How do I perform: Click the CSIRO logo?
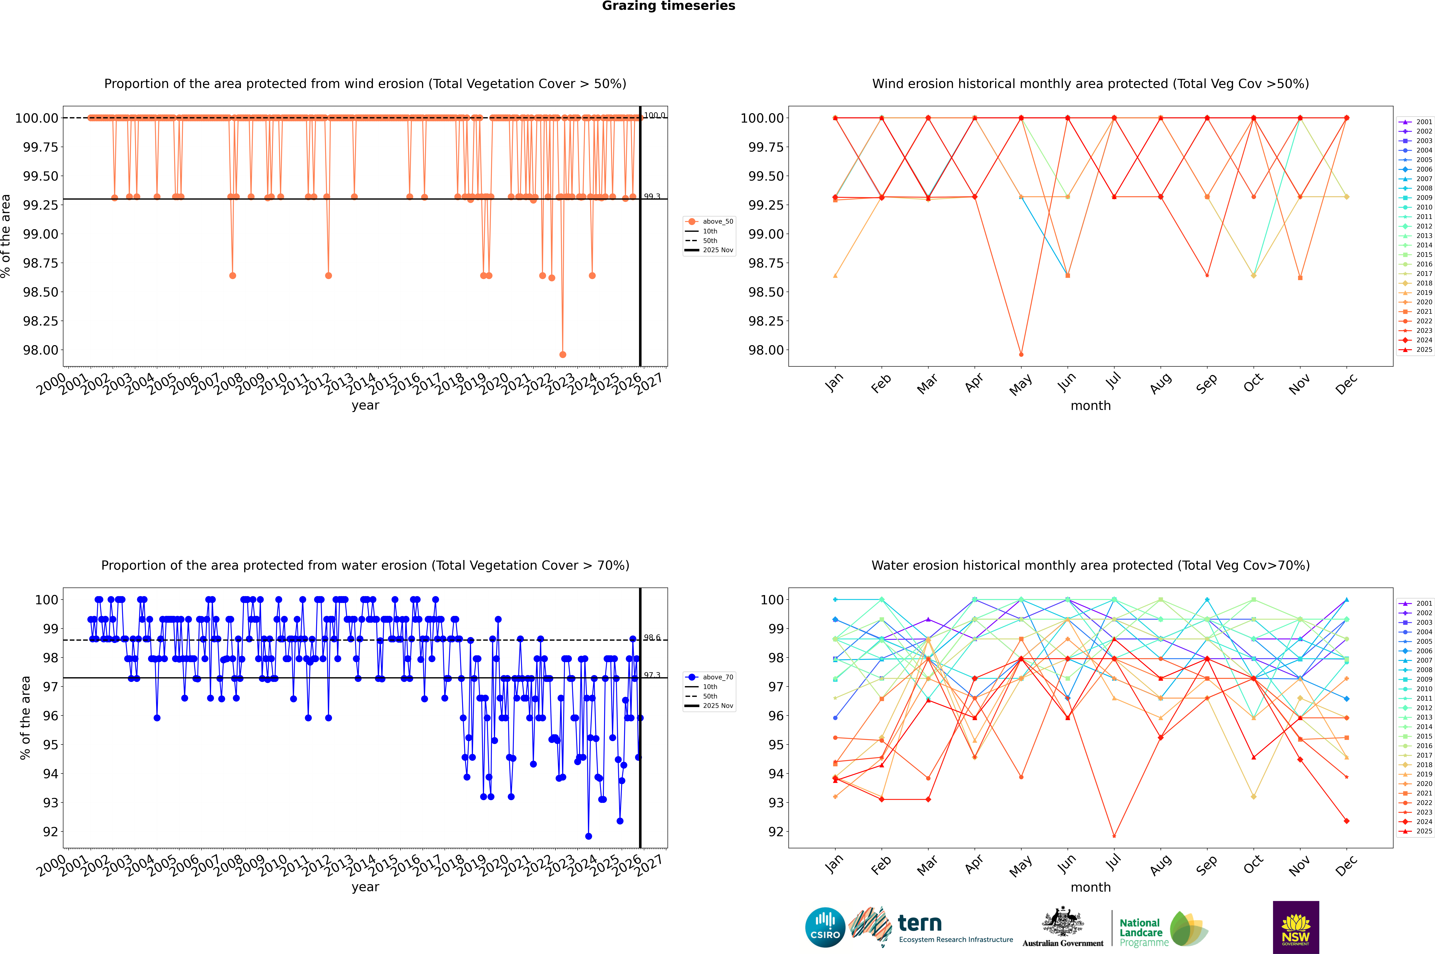825,927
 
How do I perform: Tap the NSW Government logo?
1296,927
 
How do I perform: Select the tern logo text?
920,924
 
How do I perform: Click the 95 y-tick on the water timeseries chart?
50,745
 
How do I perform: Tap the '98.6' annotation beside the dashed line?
652,638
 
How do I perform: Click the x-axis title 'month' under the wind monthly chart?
1090,406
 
